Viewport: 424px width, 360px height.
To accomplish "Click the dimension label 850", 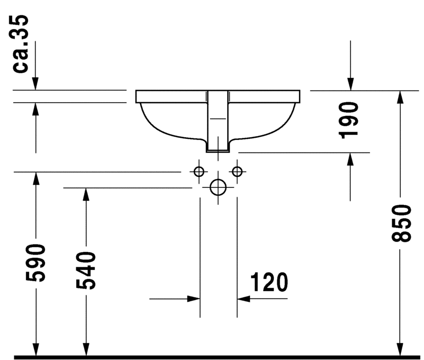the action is [x=401, y=223].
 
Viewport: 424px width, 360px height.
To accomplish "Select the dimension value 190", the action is [x=348, y=120].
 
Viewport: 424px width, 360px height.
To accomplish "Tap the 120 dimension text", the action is [x=269, y=282].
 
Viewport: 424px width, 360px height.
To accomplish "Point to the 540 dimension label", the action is [x=86, y=271].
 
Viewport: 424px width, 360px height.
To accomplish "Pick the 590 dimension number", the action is [x=35, y=263].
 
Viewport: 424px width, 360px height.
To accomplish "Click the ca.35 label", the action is [x=21, y=44].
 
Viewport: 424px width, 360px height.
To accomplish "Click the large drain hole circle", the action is [x=218, y=187].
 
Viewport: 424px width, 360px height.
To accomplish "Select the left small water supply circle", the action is [x=199, y=172].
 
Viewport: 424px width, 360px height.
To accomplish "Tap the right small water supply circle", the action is [x=237, y=172].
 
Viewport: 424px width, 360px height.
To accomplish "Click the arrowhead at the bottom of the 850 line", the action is [x=400, y=349].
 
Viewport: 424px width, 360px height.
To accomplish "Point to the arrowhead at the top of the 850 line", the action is [x=400, y=97].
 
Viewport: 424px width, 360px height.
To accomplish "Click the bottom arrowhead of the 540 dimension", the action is [x=86, y=349].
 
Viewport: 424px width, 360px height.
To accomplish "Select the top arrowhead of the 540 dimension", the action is [x=86, y=194].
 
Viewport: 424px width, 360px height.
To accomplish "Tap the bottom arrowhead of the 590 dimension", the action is [x=35, y=349].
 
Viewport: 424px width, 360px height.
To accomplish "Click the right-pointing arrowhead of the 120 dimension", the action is [x=194, y=299].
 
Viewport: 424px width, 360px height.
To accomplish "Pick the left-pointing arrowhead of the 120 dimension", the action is [x=243, y=299].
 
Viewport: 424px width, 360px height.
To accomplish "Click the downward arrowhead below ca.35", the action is [x=35, y=84].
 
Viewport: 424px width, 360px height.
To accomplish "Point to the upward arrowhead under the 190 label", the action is [x=350, y=159].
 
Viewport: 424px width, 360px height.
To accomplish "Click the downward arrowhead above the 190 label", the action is [x=350, y=84].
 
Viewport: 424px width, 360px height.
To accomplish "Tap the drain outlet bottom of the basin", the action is [x=218, y=151].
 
